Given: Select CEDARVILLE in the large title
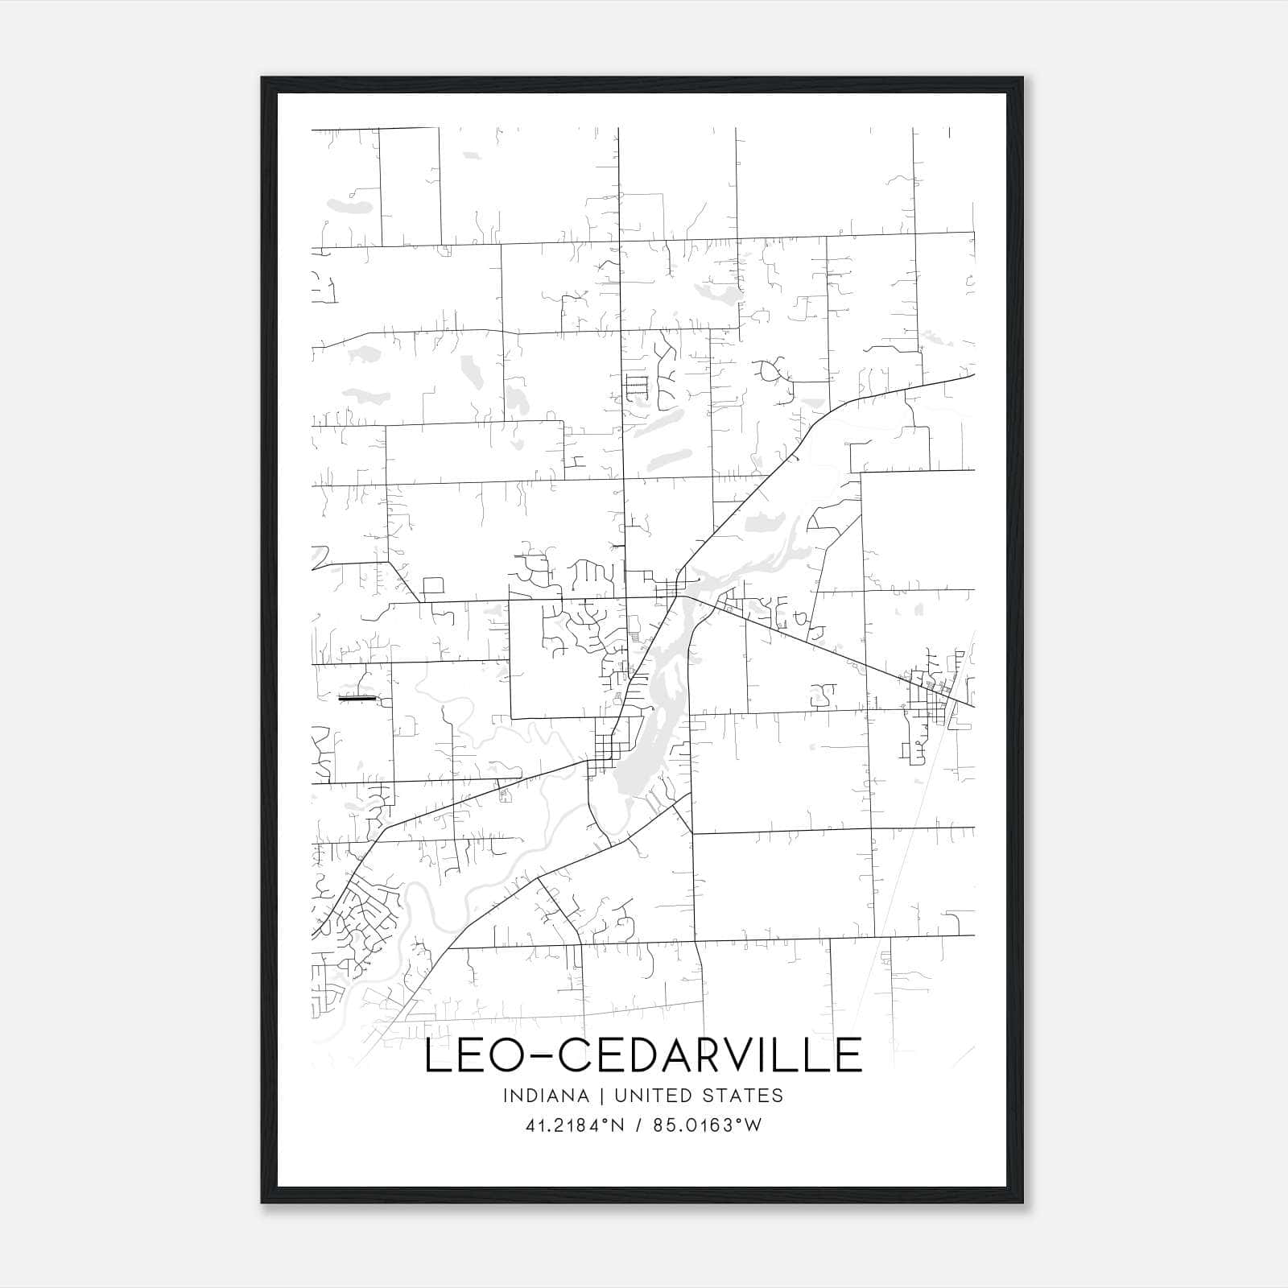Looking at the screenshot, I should point(708,1055).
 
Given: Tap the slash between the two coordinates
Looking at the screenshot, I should point(638,1125).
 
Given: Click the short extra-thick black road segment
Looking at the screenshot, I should point(357,699).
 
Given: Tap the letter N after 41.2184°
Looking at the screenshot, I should point(617,1125).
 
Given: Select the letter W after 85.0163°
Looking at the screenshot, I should point(752,1125).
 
